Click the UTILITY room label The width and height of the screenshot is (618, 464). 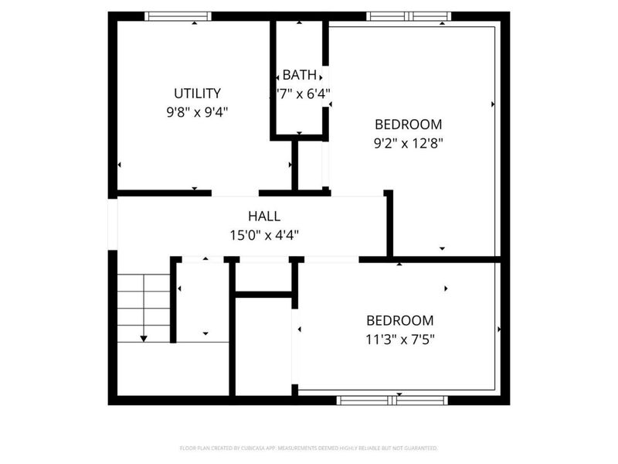(x=197, y=94)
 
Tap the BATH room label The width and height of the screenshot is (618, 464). (x=299, y=76)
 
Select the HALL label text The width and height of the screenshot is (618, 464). (x=264, y=217)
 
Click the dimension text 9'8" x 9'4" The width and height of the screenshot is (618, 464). (x=197, y=112)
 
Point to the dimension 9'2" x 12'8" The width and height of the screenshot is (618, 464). (x=408, y=142)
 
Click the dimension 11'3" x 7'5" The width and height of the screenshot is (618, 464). (x=399, y=338)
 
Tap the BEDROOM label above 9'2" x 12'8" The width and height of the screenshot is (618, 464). (x=408, y=124)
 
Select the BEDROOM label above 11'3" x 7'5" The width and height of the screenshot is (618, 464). (x=399, y=320)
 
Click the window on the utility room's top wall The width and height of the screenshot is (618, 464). (x=178, y=15)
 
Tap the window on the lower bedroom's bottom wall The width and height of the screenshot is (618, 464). (x=393, y=401)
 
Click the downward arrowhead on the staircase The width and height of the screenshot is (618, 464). (x=144, y=339)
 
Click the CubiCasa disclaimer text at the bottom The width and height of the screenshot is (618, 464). (x=308, y=449)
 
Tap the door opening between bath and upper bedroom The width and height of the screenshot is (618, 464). (x=325, y=85)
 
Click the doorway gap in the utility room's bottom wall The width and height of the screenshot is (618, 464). (x=236, y=192)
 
